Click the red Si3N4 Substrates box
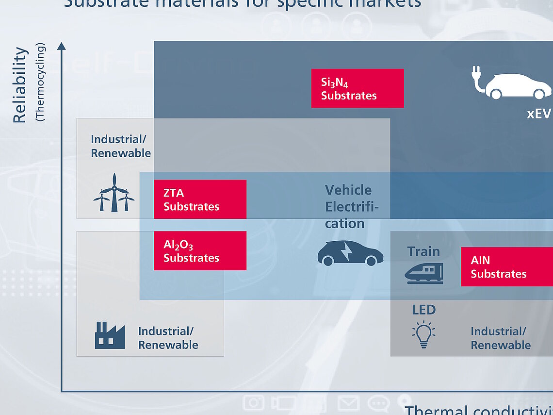[x=358, y=88]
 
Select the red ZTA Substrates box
[x=200, y=199]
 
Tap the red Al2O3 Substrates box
[x=200, y=250]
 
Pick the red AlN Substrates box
[x=506, y=266]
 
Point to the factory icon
[x=110, y=335]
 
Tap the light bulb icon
[x=423, y=334]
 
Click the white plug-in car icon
[x=511, y=86]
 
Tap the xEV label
[x=539, y=114]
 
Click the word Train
[x=423, y=251]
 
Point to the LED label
[x=423, y=310]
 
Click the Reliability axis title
[x=19, y=85]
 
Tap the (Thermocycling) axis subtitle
[x=40, y=82]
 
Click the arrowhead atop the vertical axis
[x=61, y=46]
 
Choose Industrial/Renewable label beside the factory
[x=168, y=338]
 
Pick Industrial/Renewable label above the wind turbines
[x=120, y=146]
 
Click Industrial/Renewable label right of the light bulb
[x=500, y=338]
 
